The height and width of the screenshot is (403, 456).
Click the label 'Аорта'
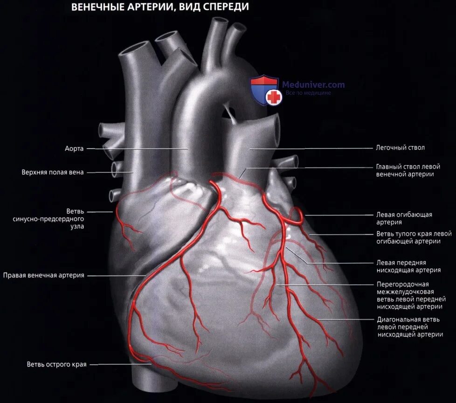pyautogui.click(x=74, y=149)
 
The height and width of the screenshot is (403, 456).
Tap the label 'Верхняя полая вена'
pyautogui.click(x=53, y=172)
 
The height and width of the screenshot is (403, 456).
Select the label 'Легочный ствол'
pyautogui.click(x=400, y=148)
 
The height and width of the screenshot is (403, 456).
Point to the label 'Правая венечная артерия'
pyautogui.click(x=43, y=275)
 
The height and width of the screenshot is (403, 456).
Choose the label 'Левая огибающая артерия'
pyautogui.click(x=404, y=219)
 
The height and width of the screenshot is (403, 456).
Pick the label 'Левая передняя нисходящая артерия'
pyautogui.click(x=408, y=266)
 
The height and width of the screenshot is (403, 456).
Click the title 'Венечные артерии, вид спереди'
pyautogui.click(x=160, y=7)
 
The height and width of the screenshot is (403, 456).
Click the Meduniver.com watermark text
pyautogui.click(x=313, y=85)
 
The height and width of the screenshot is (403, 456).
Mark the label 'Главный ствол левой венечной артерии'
pyautogui.click(x=408, y=170)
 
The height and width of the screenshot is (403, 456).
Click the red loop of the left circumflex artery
pyautogui.click(x=297, y=215)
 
